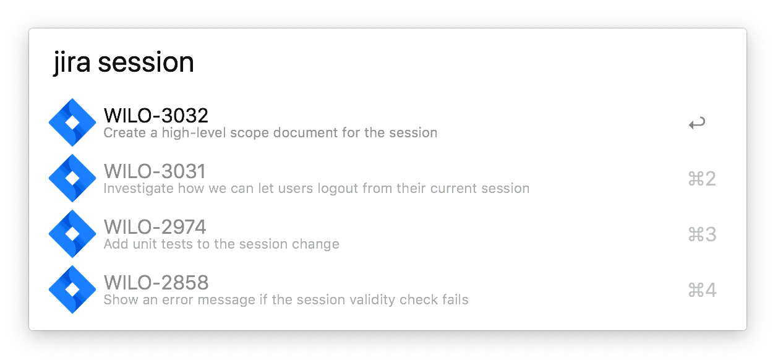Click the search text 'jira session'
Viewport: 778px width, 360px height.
pos(124,62)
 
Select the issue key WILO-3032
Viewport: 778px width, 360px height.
pos(156,116)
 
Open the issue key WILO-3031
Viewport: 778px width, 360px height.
pos(155,171)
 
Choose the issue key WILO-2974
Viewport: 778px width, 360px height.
pos(155,227)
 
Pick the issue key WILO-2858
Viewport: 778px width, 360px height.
pos(156,283)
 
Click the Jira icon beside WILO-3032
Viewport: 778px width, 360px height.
pos(72,122)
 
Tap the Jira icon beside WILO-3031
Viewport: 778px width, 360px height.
pos(72,178)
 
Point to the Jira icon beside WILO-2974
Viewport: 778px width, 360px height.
pos(72,234)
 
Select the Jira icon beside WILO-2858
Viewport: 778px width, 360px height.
pos(72,289)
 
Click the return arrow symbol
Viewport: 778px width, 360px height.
pos(697,123)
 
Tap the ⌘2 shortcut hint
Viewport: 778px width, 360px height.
pos(702,179)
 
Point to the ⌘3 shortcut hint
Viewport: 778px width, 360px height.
pos(702,234)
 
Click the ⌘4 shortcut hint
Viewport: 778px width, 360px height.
pos(702,290)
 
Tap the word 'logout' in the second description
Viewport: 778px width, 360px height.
pos(338,189)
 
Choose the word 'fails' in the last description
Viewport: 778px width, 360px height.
pos(455,299)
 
